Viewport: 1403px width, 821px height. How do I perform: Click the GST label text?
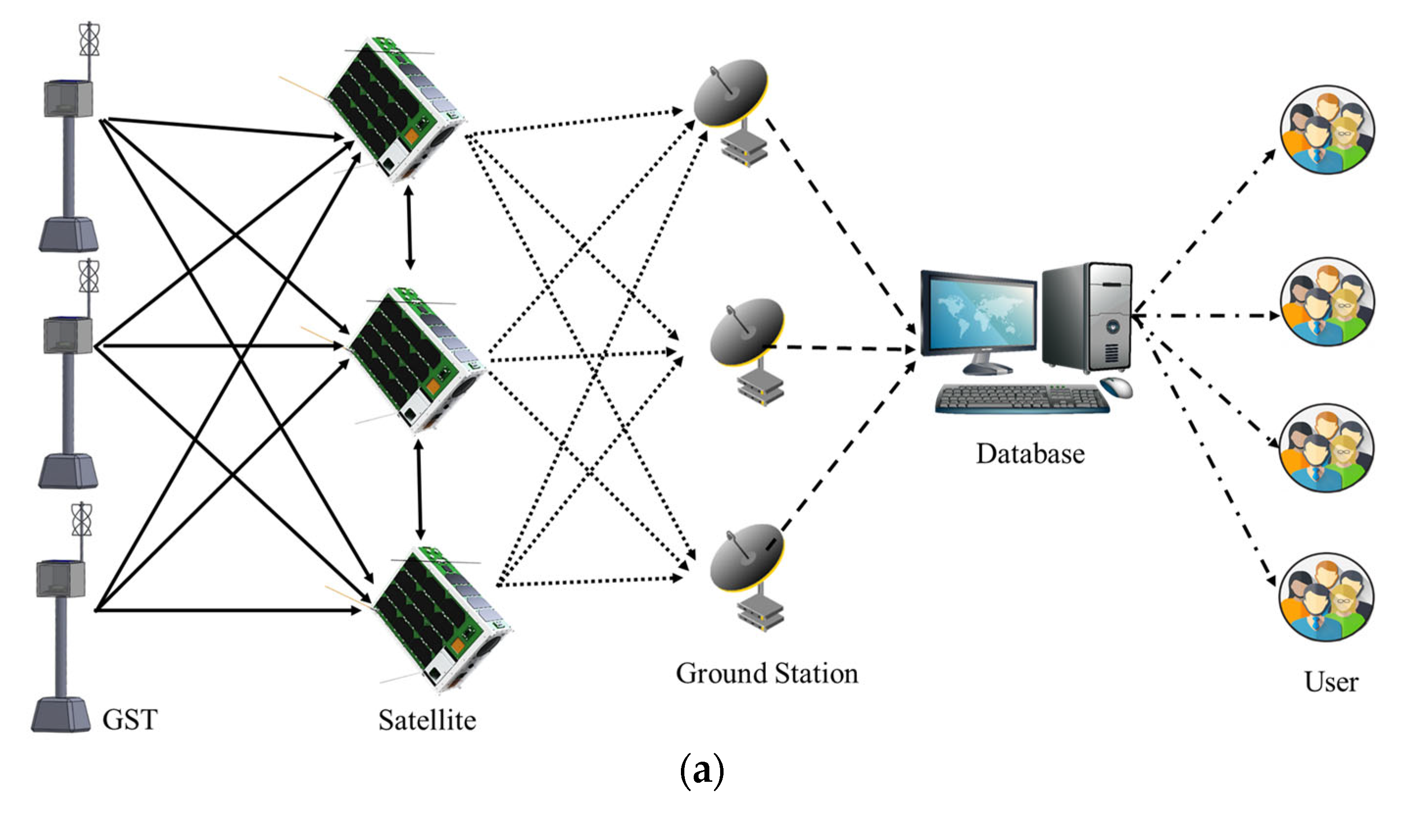(x=130, y=720)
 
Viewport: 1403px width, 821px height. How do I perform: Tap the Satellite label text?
(x=427, y=720)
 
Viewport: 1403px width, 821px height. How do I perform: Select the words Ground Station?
(x=767, y=673)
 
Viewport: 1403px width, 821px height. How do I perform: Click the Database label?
(x=1030, y=454)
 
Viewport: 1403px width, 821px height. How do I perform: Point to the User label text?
(x=1331, y=682)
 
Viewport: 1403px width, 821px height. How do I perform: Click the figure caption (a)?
(x=701, y=771)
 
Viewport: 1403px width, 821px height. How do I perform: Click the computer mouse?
(x=1116, y=387)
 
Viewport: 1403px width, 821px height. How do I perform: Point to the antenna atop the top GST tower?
(x=89, y=40)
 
